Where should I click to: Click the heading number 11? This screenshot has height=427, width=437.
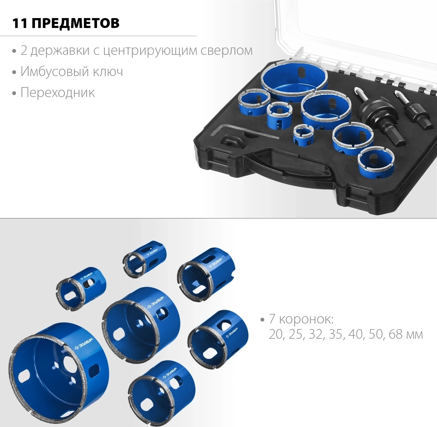tap(20, 23)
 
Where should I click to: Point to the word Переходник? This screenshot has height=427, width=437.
tap(58, 93)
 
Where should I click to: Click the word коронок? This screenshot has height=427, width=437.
tap(306, 319)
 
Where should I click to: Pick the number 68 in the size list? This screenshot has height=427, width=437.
tap(396, 334)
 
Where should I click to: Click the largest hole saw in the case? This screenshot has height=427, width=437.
tap(294, 80)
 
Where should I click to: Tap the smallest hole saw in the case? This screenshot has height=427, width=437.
tap(303, 135)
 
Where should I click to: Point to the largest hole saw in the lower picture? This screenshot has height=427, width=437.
tap(58, 370)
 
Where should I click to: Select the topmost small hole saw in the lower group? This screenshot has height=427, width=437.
tap(145, 259)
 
